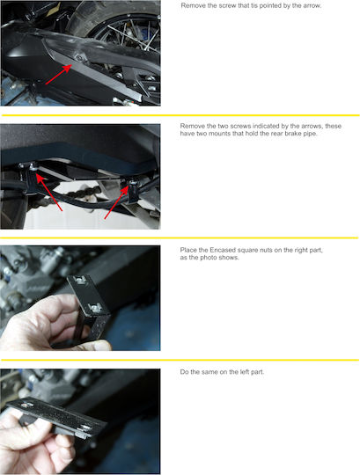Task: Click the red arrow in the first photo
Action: coord(58,75)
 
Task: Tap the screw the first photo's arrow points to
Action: coord(80,58)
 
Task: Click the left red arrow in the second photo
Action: coord(49,192)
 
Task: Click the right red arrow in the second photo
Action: coord(116,201)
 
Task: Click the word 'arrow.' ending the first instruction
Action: coord(312,5)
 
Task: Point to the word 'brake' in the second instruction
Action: coord(292,134)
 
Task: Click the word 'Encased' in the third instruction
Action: coord(223,250)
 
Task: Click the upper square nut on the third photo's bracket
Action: coord(80,281)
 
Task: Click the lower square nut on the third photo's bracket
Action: coord(95,308)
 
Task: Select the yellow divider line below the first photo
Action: coord(180,115)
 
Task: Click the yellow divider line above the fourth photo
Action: coord(180,360)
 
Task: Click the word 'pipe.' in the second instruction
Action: coord(310,134)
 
